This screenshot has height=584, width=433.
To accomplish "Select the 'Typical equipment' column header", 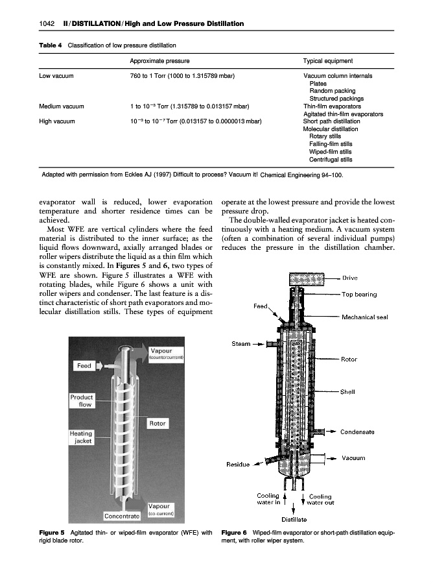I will [x=328, y=61].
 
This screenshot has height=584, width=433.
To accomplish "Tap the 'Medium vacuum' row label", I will [x=64, y=106].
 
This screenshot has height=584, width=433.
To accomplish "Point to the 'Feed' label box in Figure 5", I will [x=84, y=366].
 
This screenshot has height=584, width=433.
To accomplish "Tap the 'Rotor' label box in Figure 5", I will [x=159, y=423].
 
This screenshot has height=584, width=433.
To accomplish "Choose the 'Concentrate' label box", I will [x=123, y=516].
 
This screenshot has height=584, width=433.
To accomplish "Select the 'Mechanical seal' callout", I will [x=368, y=317].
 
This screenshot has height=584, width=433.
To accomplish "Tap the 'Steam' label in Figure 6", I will [x=241, y=344].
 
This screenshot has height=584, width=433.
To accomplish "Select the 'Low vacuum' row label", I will [x=56, y=77].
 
